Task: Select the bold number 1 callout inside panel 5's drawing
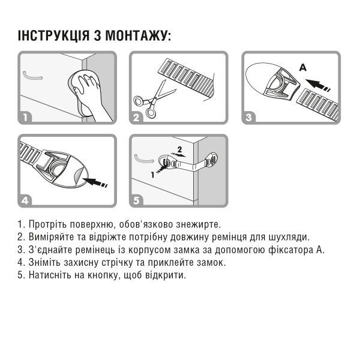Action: [x=153, y=175]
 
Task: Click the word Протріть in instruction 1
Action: [x=47, y=225]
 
